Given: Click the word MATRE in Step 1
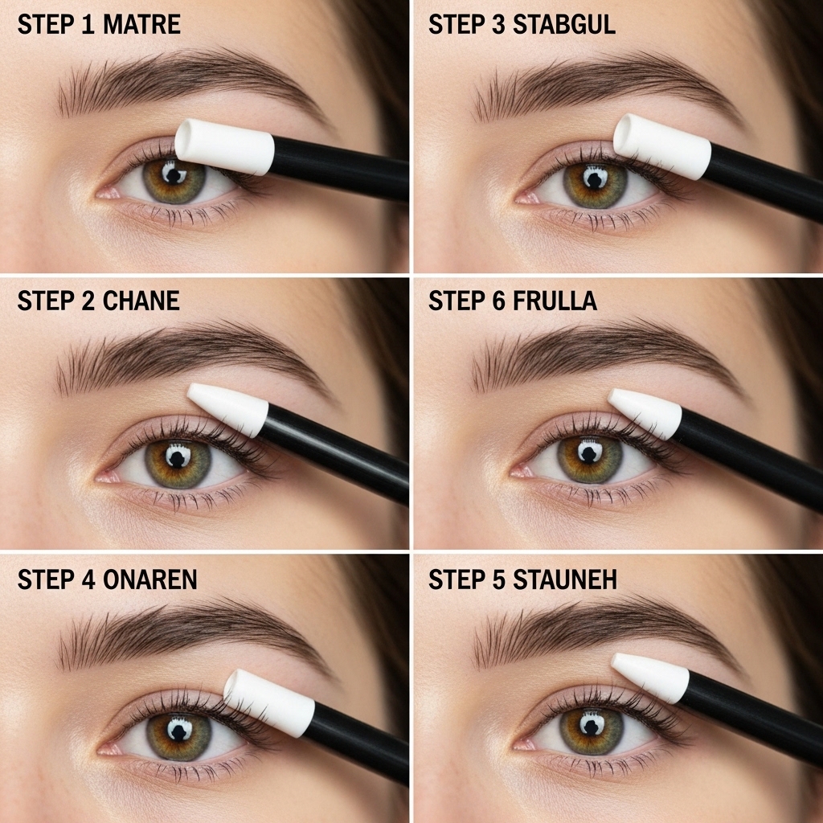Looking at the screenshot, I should (x=141, y=24).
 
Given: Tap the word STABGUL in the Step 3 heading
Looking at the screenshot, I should (x=563, y=24).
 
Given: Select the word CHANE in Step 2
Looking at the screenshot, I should (x=141, y=301).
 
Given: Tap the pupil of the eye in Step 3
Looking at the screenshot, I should (x=595, y=178).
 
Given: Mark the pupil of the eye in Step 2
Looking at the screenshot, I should (x=178, y=457).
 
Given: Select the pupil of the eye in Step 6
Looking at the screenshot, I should (x=590, y=452).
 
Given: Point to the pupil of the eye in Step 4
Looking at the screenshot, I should (x=178, y=730).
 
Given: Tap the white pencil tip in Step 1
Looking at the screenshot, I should (x=224, y=146).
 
